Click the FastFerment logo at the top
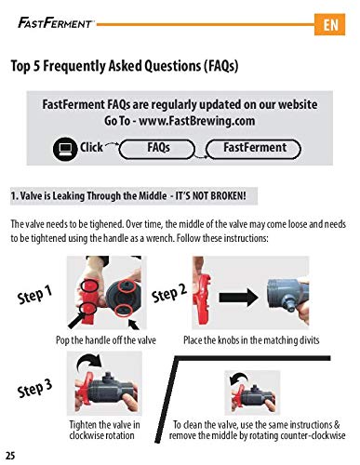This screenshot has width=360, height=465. tap(55, 22)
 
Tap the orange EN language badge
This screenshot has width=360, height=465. tap(329, 24)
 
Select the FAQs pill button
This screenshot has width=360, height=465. tap(157, 149)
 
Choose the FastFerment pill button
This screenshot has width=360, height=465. tap(253, 149)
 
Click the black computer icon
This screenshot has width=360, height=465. tap(65, 149)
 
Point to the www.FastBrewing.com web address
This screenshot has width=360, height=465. tap(196, 121)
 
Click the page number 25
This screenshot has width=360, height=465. tap(9, 456)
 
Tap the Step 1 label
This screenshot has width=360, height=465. tap(34, 295)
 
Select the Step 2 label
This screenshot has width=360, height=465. tap(169, 293)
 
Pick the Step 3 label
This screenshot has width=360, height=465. tap(34, 389)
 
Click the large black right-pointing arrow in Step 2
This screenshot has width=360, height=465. tap(238, 298)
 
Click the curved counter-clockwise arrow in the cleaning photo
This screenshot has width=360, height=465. tap(238, 379)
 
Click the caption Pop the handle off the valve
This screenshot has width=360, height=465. tap(106, 340)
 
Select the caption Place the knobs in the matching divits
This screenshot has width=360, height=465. tap(251, 340)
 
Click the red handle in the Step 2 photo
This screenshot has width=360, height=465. tap(202, 295)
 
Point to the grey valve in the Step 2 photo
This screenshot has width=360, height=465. tap(287, 296)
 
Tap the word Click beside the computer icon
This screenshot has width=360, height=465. tap(91, 147)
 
